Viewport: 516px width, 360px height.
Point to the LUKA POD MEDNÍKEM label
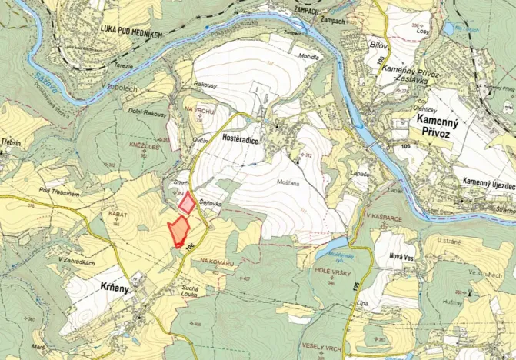coord(131,28)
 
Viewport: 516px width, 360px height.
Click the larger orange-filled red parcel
coord(178,231)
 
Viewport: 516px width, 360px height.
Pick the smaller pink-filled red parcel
coord(186,203)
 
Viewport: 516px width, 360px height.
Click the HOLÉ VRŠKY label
coord(332,272)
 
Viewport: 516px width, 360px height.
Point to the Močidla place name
coord(309,58)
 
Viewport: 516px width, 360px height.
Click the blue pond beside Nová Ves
coord(331,255)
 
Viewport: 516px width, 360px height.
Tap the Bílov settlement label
coord(378,45)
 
